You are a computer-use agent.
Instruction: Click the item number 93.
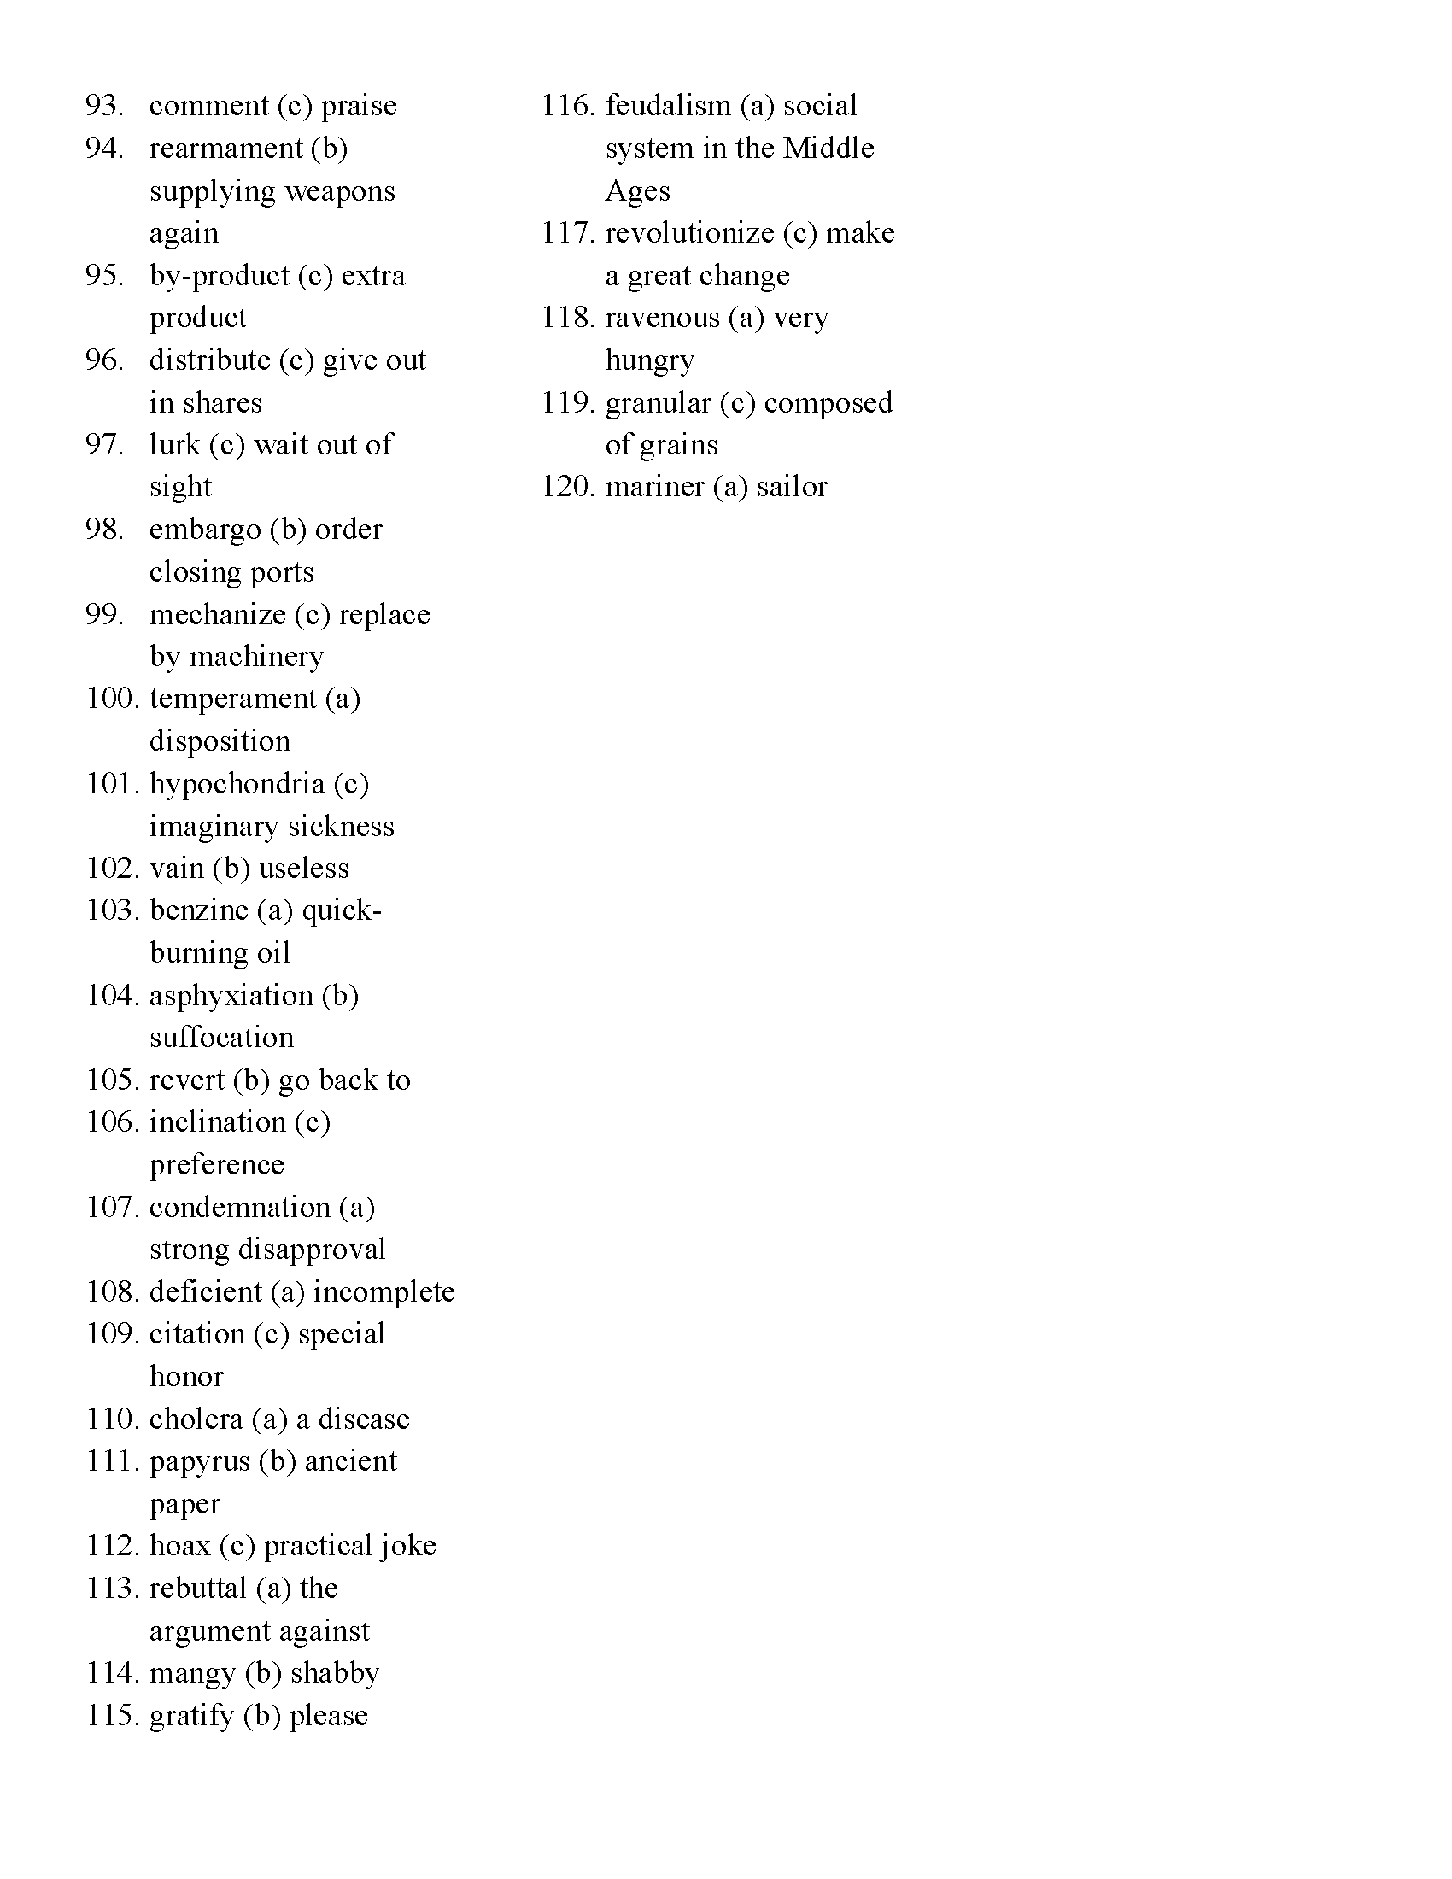pyautogui.click(x=104, y=106)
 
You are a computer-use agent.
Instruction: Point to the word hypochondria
pyautogui.click(x=237, y=785)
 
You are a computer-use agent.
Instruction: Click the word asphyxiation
pyautogui.click(x=231, y=996)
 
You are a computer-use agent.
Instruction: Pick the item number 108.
pyautogui.click(x=112, y=1292)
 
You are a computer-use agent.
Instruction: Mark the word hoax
pyautogui.click(x=179, y=1546)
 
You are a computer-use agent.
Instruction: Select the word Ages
pyautogui.click(x=637, y=191)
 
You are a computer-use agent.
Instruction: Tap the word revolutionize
pyautogui.click(x=690, y=233)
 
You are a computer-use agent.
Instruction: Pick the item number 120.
pyautogui.click(x=568, y=487)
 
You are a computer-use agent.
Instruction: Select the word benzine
pyautogui.click(x=199, y=910)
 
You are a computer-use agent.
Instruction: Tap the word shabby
pyautogui.click(x=335, y=1673)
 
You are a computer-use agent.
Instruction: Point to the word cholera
pyautogui.click(x=196, y=1419)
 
